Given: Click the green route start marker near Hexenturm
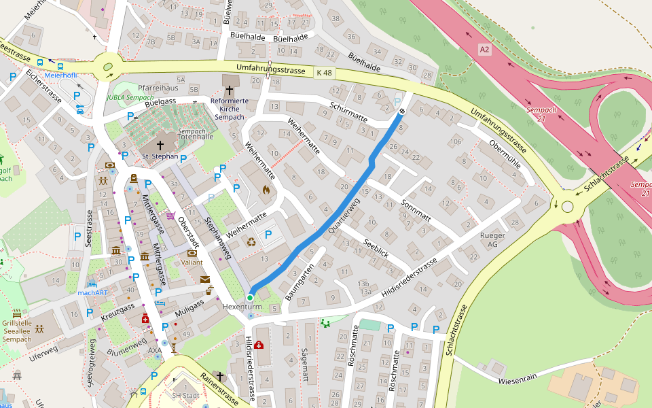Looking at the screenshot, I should tap(250, 298).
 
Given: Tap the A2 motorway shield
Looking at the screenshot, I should tap(484, 50).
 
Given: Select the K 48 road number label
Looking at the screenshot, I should tap(324, 73).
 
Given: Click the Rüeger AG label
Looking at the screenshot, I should tap(493, 239).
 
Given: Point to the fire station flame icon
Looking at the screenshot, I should tap(266, 190).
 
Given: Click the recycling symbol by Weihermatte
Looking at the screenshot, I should tap(251, 241).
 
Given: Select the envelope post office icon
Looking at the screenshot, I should tap(205, 279).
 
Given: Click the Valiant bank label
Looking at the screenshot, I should tap(192, 262).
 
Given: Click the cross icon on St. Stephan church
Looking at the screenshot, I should tap(160, 145).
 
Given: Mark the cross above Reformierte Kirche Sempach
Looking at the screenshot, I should tap(230, 90).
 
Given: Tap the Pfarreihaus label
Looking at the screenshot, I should tap(158, 88).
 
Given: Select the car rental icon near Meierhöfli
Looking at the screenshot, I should tap(80, 109).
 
